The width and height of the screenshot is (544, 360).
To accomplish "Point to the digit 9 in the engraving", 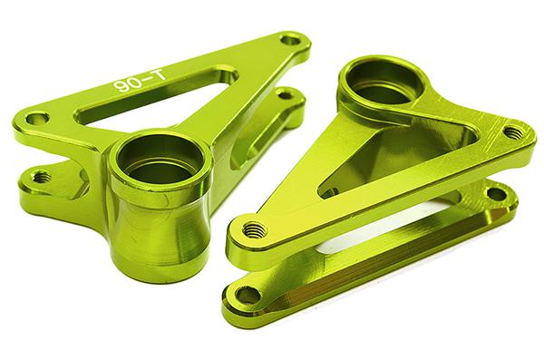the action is click(x=121, y=87).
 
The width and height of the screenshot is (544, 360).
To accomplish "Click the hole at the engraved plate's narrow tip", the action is click(x=291, y=39).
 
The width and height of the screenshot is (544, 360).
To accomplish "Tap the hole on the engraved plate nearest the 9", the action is click(x=37, y=119).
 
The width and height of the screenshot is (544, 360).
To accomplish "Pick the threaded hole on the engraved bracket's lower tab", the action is click(x=42, y=177).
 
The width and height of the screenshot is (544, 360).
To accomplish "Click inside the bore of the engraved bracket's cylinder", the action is click(x=160, y=159).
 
